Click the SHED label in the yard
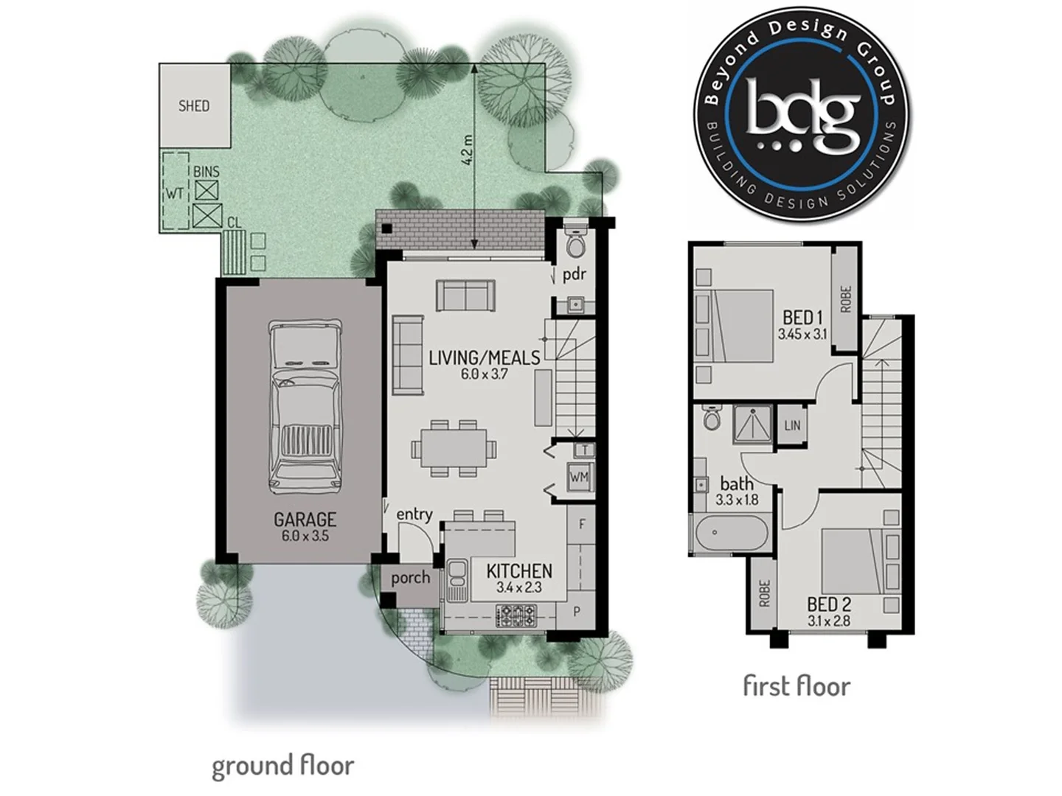194,106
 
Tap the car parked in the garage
305,408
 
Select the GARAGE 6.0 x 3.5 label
305,526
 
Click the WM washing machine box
579,478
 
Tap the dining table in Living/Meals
453,448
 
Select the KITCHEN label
519,571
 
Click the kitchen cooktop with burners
518,613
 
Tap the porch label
410,578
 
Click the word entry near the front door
414,514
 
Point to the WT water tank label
174,194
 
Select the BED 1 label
802,318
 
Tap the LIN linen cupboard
792,425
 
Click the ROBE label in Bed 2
764,593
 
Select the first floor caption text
796,686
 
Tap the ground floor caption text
282,766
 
